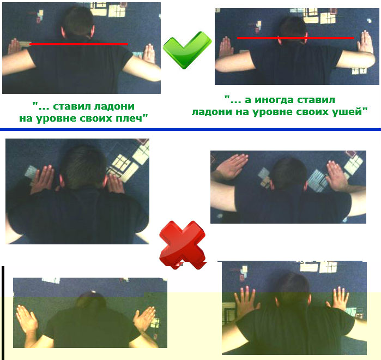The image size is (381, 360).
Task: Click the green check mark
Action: pos(187,50)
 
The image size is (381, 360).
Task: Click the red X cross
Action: pos(183,244)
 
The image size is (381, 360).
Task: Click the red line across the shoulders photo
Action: pos(78,44)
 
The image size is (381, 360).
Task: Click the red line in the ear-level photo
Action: pos(295,38)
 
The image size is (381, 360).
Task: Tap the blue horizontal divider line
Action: pos(191,130)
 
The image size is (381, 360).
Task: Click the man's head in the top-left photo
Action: pos(77,23)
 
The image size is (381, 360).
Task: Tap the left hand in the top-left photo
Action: pos(15,47)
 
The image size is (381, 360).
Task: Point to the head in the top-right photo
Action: pos(292,31)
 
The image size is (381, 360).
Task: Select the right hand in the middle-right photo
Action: pos(337,176)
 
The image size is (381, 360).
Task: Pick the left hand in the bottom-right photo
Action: pos(246,299)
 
